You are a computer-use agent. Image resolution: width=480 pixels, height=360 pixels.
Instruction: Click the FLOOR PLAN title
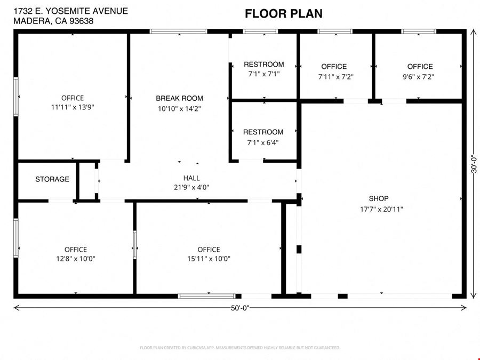[x=284, y=13]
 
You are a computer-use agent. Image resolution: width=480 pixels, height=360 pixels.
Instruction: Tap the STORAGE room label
[x=52, y=179]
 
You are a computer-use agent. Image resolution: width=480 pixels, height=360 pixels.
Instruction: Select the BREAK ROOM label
[x=179, y=98]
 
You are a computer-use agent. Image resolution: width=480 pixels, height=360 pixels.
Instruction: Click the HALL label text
[x=191, y=178]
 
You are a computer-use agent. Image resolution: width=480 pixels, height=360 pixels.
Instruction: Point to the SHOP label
[x=379, y=198]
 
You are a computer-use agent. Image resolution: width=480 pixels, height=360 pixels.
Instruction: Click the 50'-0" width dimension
[x=240, y=308]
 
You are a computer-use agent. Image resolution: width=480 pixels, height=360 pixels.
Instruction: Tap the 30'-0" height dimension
[x=474, y=164]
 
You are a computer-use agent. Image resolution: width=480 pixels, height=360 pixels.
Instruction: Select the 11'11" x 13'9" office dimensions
[x=73, y=107]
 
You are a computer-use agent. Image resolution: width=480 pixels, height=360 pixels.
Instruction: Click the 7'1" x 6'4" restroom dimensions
[x=263, y=142]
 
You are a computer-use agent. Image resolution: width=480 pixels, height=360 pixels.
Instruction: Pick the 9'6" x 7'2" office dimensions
[x=419, y=76]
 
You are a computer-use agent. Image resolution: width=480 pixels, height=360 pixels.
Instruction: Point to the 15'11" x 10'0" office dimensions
[x=209, y=259]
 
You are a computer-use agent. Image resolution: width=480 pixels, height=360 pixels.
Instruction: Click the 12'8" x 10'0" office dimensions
[x=76, y=259]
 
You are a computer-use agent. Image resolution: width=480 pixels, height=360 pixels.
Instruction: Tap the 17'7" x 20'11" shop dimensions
[x=381, y=209]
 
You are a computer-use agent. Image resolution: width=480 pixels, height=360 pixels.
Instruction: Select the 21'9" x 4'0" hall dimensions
[x=191, y=187]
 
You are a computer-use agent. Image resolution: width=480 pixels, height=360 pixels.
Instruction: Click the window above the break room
[x=179, y=31]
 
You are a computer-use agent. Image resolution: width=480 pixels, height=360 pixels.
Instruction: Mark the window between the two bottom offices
[x=135, y=245]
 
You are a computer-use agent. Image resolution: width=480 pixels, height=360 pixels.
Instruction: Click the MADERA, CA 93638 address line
[x=53, y=21]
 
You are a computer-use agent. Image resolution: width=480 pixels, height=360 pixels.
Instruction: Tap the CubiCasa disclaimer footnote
[x=240, y=348]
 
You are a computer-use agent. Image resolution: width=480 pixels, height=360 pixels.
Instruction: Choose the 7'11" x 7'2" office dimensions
[x=336, y=76]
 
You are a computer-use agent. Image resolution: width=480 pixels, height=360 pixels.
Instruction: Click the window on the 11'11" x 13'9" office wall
[x=16, y=97]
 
